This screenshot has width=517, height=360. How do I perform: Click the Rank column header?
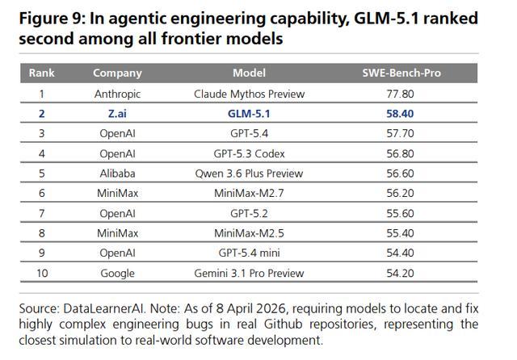(x=41, y=73)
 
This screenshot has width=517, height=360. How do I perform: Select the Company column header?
(x=117, y=73)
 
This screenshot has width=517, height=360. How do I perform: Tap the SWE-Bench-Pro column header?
(x=400, y=73)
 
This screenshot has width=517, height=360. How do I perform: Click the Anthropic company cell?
(x=117, y=94)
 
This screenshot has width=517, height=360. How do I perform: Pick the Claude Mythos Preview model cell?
(x=249, y=94)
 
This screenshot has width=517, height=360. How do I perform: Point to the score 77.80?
(x=400, y=94)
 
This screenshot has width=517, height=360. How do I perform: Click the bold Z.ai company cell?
(x=117, y=114)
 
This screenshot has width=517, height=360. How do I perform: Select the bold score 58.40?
(x=400, y=114)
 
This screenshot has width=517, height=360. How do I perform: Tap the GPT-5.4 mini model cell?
(x=249, y=253)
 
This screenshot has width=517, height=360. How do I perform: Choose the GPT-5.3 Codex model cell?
(x=249, y=153)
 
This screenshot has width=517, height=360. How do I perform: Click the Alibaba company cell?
(x=117, y=174)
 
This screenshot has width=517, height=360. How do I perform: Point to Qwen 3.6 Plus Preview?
(x=249, y=174)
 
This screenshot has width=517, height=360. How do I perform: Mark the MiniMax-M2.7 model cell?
(x=249, y=194)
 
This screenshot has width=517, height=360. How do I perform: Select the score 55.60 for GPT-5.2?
(x=400, y=213)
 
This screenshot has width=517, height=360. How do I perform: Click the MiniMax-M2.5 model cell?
(x=249, y=233)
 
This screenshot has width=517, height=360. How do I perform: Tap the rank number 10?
(x=41, y=273)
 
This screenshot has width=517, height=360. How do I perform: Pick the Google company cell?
(x=117, y=273)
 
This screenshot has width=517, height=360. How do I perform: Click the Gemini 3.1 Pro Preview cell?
(x=249, y=273)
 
